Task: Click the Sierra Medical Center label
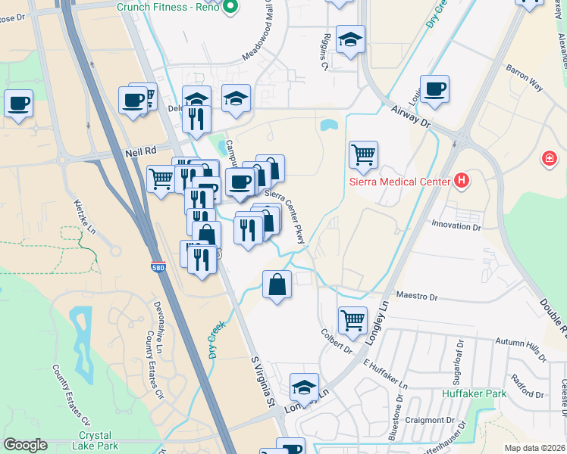click(x=399, y=182)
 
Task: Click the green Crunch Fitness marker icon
click(x=232, y=8)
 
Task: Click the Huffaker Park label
click(x=475, y=394)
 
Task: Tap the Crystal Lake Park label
click(x=99, y=440)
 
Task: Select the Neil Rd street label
click(x=140, y=153)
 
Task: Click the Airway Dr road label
click(x=411, y=116)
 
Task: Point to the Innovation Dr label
click(x=456, y=225)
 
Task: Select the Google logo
click(x=25, y=445)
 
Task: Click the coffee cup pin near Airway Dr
click(x=434, y=89)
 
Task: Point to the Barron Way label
click(x=525, y=78)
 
